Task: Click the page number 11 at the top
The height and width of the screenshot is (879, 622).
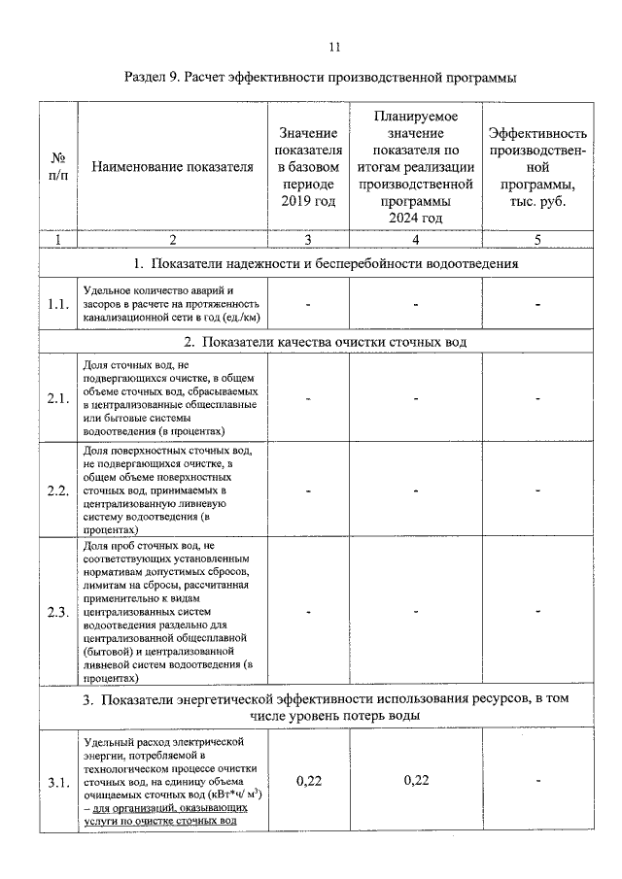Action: (x=334, y=46)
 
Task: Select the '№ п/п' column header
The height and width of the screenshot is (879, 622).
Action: (x=58, y=166)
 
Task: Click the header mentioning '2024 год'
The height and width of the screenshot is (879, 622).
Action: (x=415, y=166)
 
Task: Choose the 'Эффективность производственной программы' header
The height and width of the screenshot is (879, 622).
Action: (x=537, y=166)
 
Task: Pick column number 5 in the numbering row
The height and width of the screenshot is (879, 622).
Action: (x=537, y=239)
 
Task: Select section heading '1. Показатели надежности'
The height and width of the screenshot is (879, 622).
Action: (x=327, y=262)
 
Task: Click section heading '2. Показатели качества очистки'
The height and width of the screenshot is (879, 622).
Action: (x=327, y=342)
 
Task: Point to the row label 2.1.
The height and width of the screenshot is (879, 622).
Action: (x=58, y=397)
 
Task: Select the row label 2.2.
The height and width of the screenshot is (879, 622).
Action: (x=58, y=490)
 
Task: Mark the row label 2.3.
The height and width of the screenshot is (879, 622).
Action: (x=58, y=612)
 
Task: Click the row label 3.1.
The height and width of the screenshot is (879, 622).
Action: (x=58, y=782)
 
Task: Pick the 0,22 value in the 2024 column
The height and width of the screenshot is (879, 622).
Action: (x=415, y=781)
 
